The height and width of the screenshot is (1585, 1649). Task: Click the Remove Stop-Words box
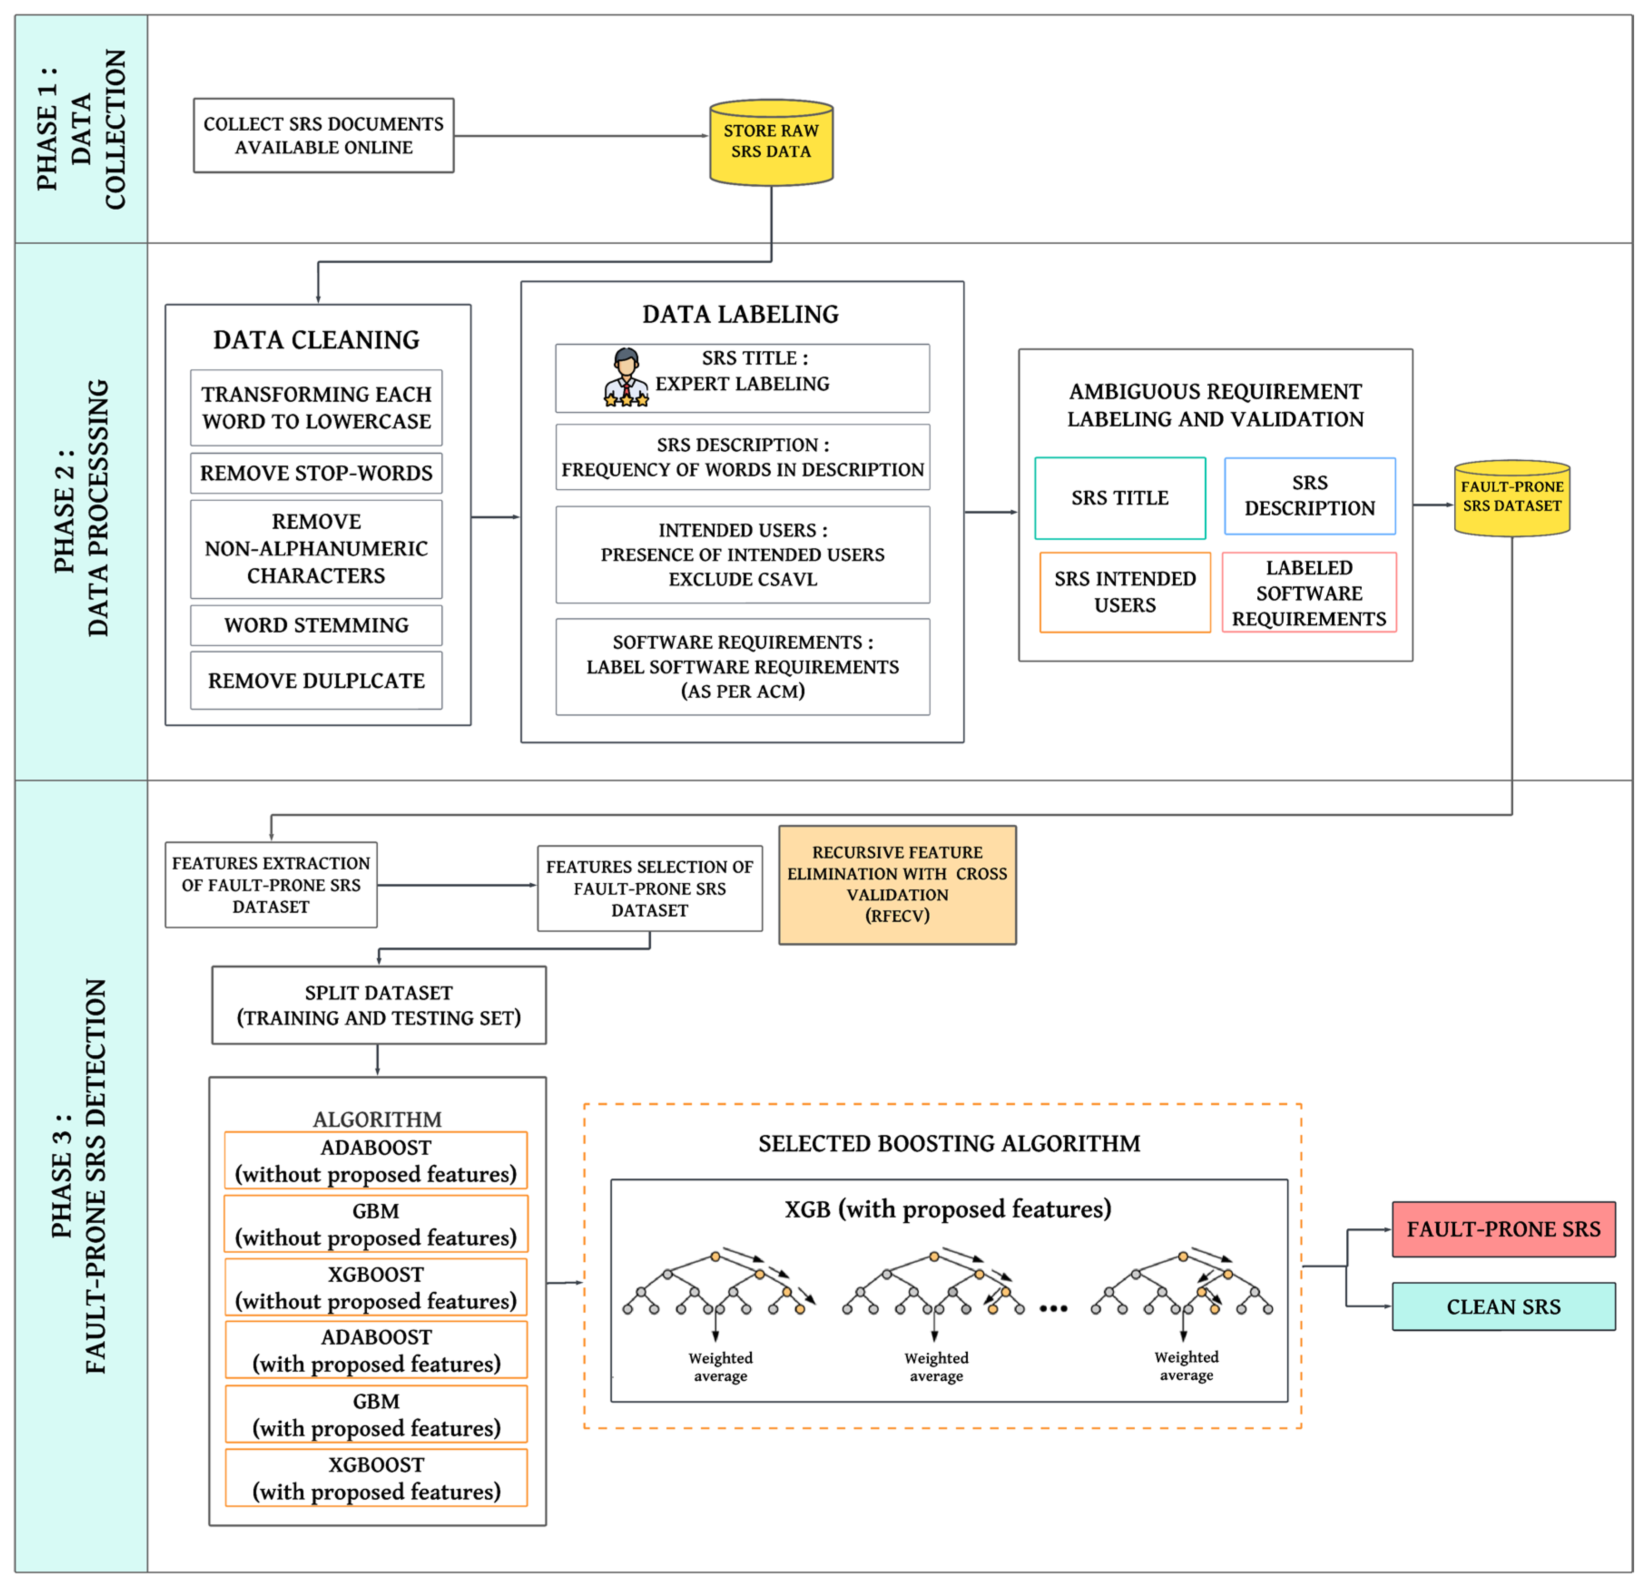[316, 473]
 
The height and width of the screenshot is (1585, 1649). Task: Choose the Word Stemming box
[316, 625]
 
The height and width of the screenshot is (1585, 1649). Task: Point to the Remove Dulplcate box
[316, 680]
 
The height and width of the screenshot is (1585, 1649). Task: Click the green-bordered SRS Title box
[1120, 498]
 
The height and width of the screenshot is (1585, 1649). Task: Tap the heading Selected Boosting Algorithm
[949, 1143]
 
